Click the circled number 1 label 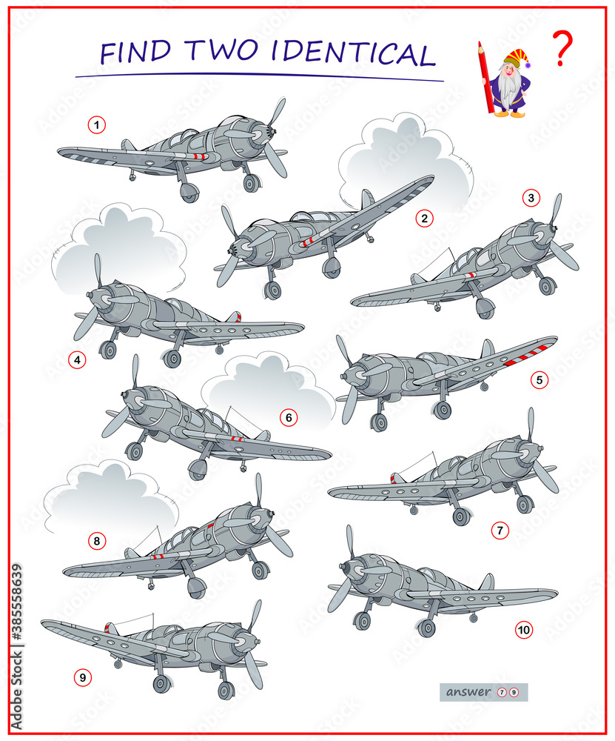(x=96, y=125)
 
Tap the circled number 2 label (x=423, y=218)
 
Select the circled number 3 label (x=530, y=198)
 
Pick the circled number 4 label (x=76, y=360)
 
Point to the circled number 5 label (x=540, y=380)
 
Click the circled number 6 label (x=289, y=418)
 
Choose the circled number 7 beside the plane (x=500, y=530)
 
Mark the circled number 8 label (x=96, y=542)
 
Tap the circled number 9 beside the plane (x=82, y=677)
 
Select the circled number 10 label (x=523, y=631)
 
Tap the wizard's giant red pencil (x=486, y=78)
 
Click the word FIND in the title (x=137, y=54)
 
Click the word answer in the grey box (x=468, y=692)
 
